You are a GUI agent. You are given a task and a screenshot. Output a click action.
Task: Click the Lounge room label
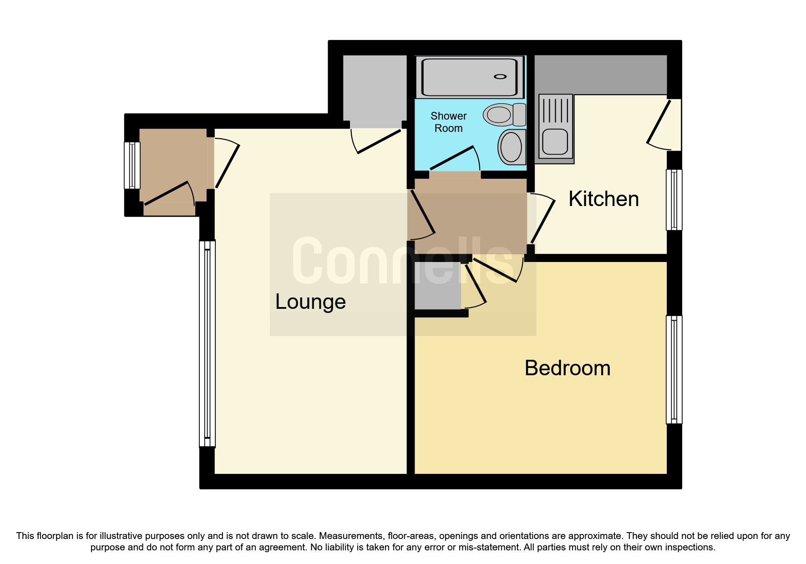pyautogui.click(x=310, y=302)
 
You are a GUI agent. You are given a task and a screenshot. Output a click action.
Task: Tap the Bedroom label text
pyautogui.click(x=567, y=368)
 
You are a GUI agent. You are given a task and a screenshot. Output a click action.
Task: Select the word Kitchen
pyautogui.click(x=603, y=199)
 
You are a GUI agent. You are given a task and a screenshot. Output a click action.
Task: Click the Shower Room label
pyautogui.click(x=448, y=122)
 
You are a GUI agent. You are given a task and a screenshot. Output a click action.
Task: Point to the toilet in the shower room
pyautogui.click(x=504, y=114)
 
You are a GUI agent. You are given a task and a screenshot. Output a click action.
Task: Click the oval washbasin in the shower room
pyautogui.click(x=512, y=146)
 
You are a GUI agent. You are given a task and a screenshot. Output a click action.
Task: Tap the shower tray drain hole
pyautogui.click(x=500, y=77)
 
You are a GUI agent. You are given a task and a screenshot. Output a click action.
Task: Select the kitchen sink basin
pyautogui.click(x=555, y=141)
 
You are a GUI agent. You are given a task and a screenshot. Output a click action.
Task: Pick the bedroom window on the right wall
pyautogui.click(x=674, y=369)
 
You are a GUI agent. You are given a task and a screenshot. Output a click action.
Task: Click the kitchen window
pyautogui.click(x=674, y=200)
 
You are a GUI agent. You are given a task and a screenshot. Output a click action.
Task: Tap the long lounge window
pyautogui.click(x=207, y=343)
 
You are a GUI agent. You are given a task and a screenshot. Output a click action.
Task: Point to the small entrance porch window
pyautogui.click(x=132, y=166)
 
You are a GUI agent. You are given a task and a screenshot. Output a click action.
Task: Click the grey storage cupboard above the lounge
pyautogui.click(x=374, y=91)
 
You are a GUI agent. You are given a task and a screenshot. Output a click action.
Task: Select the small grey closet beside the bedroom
pyautogui.click(x=437, y=286)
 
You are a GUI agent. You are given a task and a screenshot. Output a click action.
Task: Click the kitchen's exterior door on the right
pyautogui.click(x=659, y=124)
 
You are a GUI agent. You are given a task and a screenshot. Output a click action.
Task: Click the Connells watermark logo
pyautogui.click(x=403, y=262)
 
